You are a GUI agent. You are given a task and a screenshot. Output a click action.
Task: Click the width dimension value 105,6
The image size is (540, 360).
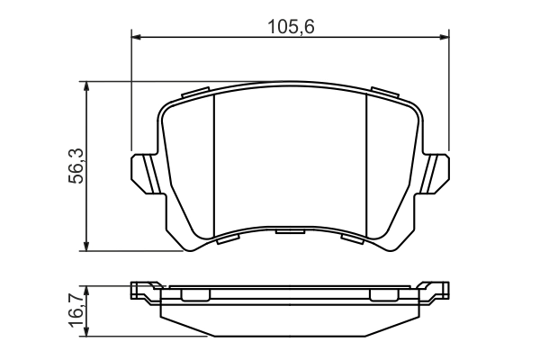(290, 25)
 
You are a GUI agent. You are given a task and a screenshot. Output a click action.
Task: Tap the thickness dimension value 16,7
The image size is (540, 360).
(76, 310)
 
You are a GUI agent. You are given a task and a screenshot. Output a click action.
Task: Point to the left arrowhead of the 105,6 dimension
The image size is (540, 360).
(138, 37)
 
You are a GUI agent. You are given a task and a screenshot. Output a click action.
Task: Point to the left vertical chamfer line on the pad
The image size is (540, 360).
(213, 166)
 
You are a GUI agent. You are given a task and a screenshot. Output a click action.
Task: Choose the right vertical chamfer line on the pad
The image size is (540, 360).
(366, 166)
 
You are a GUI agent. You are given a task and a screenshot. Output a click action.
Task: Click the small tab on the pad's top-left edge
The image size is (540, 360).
(195, 93)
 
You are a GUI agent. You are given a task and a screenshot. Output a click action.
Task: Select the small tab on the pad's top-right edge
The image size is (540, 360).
(384, 93)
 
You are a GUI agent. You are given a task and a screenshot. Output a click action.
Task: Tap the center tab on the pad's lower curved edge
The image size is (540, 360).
(290, 233)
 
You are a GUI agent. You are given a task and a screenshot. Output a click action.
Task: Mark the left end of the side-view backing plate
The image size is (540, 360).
(139, 291)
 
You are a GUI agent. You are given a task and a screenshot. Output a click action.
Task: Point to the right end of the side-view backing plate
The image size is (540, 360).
(440, 291)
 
